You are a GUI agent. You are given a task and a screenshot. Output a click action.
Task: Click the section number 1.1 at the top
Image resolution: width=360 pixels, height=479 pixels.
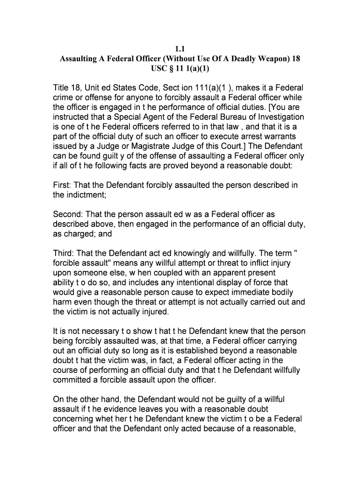point(180,49)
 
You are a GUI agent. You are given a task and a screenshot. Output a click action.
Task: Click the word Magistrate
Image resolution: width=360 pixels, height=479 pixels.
point(130,146)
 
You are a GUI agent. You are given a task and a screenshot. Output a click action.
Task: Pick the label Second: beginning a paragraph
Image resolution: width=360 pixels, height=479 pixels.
point(68,215)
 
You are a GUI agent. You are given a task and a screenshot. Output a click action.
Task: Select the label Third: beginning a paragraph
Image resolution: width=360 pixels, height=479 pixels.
point(63,254)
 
